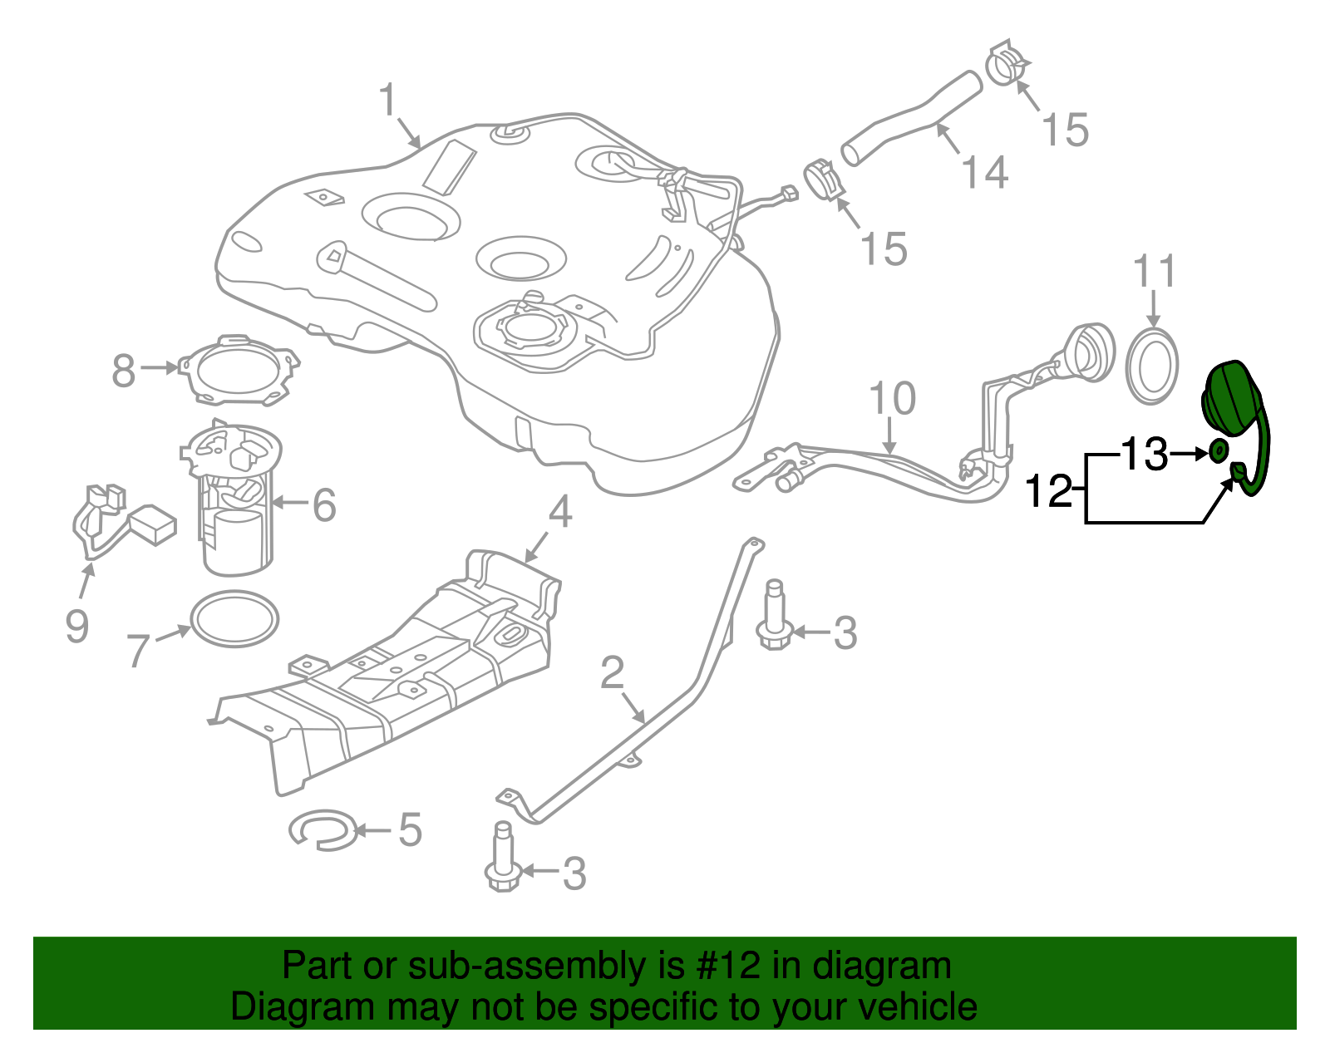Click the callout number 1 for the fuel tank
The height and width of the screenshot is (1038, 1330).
coord(387,101)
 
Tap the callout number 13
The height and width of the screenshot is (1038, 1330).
coord(1145,455)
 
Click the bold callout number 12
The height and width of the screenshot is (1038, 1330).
coord(1049,491)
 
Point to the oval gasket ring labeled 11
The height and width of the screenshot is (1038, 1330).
coord(1152,366)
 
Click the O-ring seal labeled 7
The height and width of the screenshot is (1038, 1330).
coord(234,618)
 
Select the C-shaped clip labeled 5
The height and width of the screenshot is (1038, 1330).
coord(322,829)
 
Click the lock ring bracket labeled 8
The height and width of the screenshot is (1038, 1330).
coord(239,371)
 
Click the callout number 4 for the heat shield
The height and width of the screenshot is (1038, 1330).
coord(560,512)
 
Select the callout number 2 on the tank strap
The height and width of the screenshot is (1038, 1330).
coord(612,672)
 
